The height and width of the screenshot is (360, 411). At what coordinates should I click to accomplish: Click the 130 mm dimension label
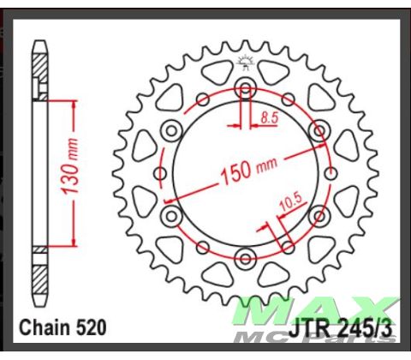point(70,166)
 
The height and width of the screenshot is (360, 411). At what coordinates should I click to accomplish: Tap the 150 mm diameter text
point(248,171)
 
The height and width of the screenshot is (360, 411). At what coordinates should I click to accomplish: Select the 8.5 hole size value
point(269,117)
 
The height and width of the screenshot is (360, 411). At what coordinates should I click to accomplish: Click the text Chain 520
point(63,327)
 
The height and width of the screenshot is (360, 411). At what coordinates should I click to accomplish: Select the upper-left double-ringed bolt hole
point(171,131)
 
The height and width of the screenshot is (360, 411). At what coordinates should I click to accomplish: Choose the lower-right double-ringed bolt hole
point(319,216)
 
